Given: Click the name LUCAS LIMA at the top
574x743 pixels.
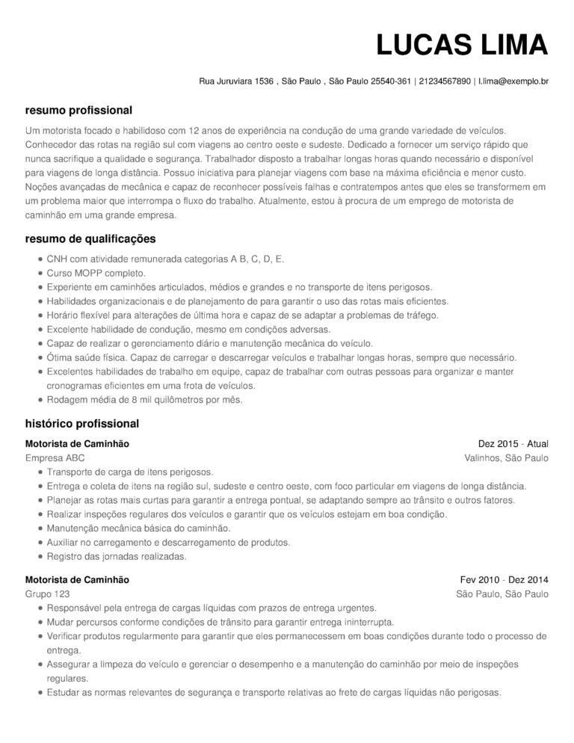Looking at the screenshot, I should [462, 45].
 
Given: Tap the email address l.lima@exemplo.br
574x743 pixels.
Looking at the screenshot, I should [513, 81].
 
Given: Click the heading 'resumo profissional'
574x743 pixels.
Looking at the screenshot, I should [78, 110].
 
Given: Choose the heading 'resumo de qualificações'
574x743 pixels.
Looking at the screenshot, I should [90, 239].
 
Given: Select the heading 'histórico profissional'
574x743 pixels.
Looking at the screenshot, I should [82, 424].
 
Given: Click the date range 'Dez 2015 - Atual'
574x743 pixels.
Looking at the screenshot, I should [513, 444].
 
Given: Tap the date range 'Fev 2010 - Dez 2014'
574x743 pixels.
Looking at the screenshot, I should [504, 579].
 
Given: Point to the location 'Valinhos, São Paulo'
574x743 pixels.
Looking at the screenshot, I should [506, 458].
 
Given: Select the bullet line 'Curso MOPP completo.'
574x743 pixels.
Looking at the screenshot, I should [96, 274].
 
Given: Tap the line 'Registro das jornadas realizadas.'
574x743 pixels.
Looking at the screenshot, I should [117, 557].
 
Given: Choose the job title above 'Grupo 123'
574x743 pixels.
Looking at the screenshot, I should [77, 579].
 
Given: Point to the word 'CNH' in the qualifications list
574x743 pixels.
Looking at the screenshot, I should [57, 259].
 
